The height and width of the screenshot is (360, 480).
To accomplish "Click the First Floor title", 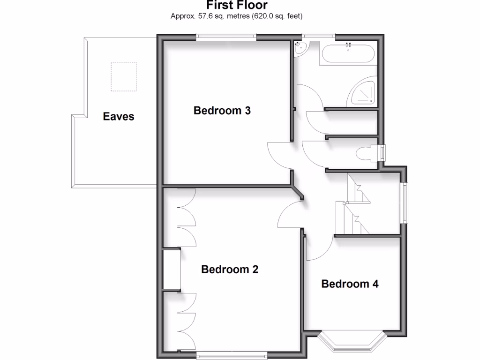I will coord(237,5).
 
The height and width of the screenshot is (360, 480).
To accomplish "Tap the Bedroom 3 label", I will coord(222,111).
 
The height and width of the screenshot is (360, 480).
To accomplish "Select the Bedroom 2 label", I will coord(230,270).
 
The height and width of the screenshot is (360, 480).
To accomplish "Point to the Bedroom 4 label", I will coord(350,284).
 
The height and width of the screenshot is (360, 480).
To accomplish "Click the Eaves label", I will coord(119,116).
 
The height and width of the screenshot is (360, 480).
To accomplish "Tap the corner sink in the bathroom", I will coord(300,47).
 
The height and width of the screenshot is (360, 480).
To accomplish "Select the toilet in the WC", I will coord(367,154).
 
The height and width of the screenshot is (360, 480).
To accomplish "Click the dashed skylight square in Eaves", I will coord(123,76).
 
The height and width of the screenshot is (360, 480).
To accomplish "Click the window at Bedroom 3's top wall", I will coord(226,37).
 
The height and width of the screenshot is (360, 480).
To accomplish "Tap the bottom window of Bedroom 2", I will coord(232,356).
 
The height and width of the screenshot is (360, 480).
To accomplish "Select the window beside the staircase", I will coord(404,202).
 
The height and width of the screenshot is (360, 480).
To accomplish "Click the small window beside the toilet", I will coord(382,153).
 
